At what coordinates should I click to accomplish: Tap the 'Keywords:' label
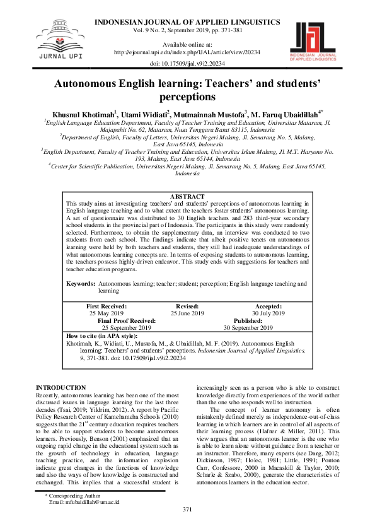[81, 284]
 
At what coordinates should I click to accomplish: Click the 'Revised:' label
[187, 306]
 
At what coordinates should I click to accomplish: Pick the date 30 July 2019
[268, 313]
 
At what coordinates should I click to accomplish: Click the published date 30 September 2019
[248, 327]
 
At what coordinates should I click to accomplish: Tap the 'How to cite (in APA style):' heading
[101, 336]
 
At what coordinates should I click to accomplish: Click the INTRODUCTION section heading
[61, 387]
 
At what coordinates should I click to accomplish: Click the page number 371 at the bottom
[187, 509]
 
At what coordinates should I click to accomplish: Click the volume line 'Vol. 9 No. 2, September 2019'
[188, 30]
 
